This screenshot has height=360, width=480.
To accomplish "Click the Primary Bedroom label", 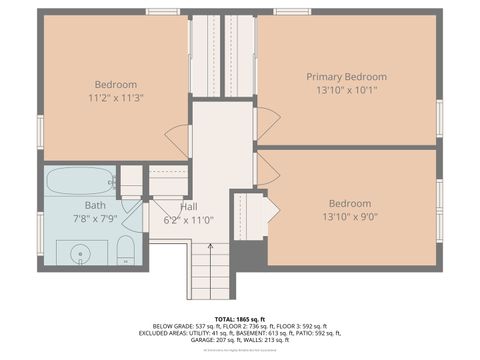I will click(x=346, y=77).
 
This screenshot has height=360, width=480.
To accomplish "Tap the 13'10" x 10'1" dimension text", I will click(x=346, y=90).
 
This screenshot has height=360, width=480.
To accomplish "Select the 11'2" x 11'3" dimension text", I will click(x=116, y=98).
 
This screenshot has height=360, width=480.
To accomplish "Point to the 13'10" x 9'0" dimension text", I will click(x=350, y=216).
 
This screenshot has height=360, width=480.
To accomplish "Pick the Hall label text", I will click(x=188, y=206).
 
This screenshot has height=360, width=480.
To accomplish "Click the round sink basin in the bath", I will click(x=78, y=254).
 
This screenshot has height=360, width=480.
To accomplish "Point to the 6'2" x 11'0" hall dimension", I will click(x=188, y=219).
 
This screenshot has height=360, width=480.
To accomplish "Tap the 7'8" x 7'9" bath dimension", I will click(x=95, y=217).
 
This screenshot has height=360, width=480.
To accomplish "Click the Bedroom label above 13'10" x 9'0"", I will click(x=350, y=202).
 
